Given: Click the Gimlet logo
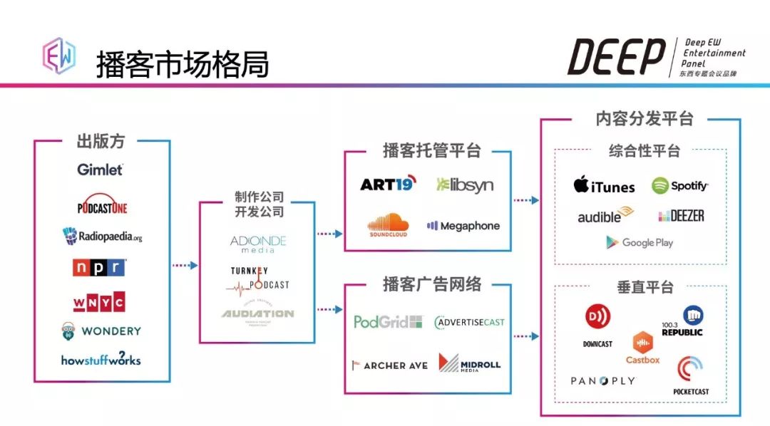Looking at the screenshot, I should [101, 170].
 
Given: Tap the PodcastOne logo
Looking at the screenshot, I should [102, 207].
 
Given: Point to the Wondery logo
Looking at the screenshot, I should [101, 331].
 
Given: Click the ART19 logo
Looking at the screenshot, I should [388, 185].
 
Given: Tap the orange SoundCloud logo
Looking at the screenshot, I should [388, 225].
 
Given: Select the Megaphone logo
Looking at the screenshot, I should [463, 226].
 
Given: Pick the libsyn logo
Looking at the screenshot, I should [464, 185].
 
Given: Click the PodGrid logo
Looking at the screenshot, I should [388, 322].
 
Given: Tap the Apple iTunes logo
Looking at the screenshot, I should [604, 185].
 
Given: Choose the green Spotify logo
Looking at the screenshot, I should [679, 186].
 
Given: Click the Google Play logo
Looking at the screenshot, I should [640, 242].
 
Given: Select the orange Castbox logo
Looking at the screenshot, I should [642, 348].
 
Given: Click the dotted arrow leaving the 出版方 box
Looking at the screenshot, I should [185, 266].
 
